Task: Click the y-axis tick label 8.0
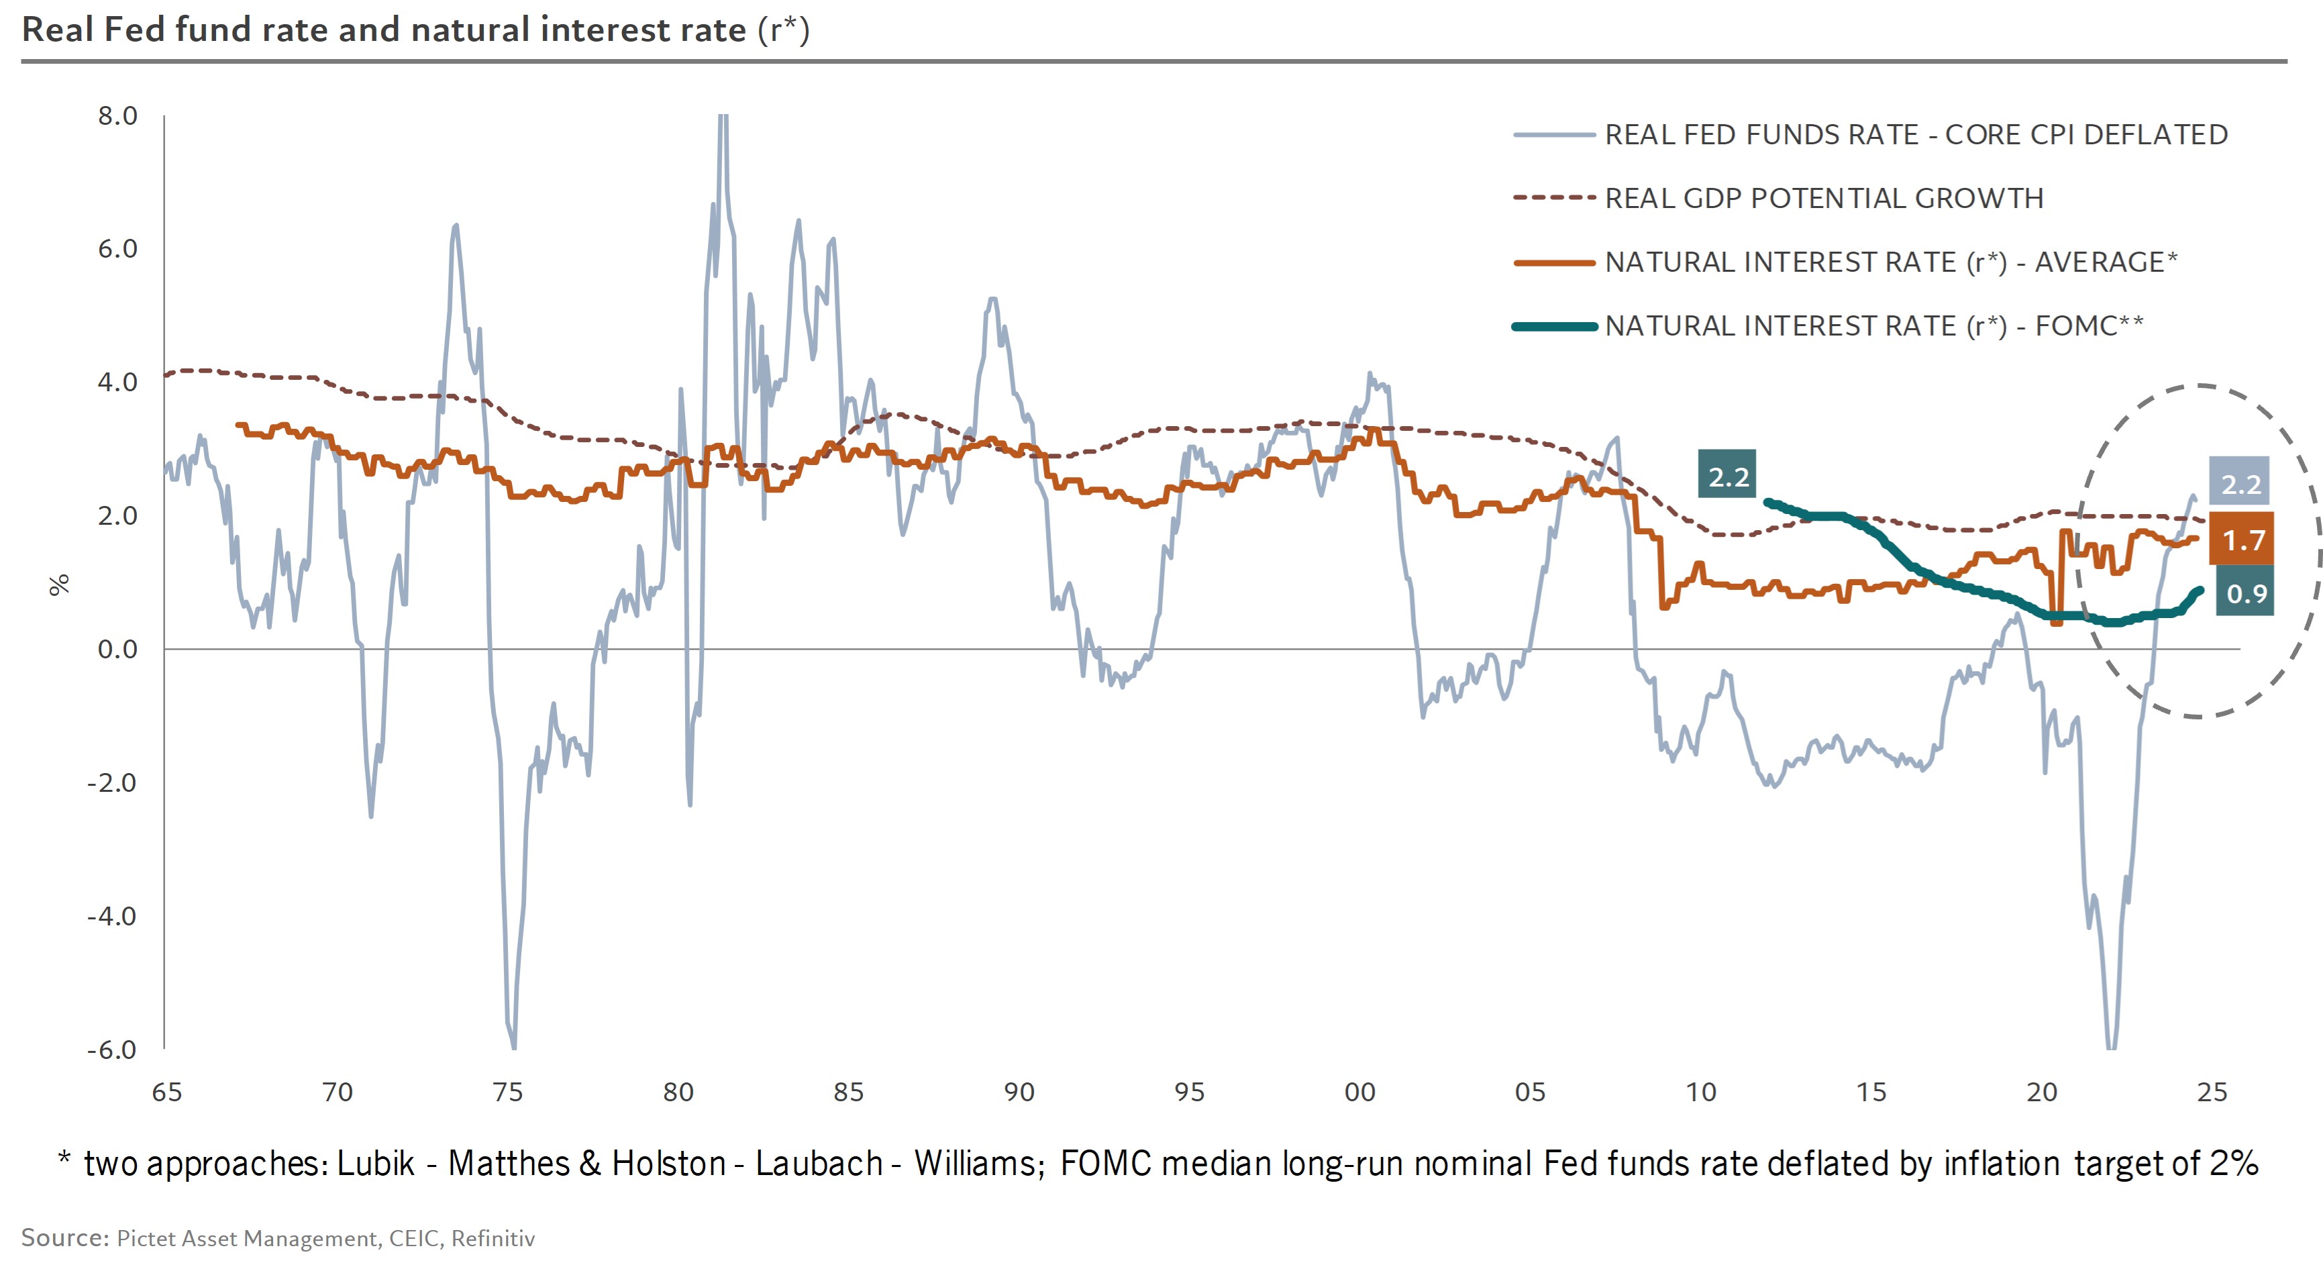pyautogui.click(x=117, y=116)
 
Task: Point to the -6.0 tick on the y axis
pyautogui.click(x=112, y=1050)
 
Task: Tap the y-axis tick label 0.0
pyautogui.click(x=117, y=650)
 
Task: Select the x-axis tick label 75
pyautogui.click(x=508, y=1093)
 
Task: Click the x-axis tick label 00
pyautogui.click(x=1360, y=1093)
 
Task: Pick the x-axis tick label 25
pyautogui.click(x=2212, y=1093)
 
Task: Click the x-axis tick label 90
pyautogui.click(x=1019, y=1093)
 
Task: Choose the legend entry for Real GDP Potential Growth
pyautogui.click(x=1823, y=199)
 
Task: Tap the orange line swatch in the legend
pyautogui.click(x=1555, y=262)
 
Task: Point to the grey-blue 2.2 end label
pyautogui.click(x=2240, y=485)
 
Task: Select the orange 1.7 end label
pyautogui.click(x=2242, y=540)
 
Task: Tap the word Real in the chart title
pyautogui.click(x=57, y=30)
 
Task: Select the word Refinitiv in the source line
pyautogui.click(x=493, y=1238)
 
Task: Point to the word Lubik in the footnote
pyautogui.click(x=375, y=1164)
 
